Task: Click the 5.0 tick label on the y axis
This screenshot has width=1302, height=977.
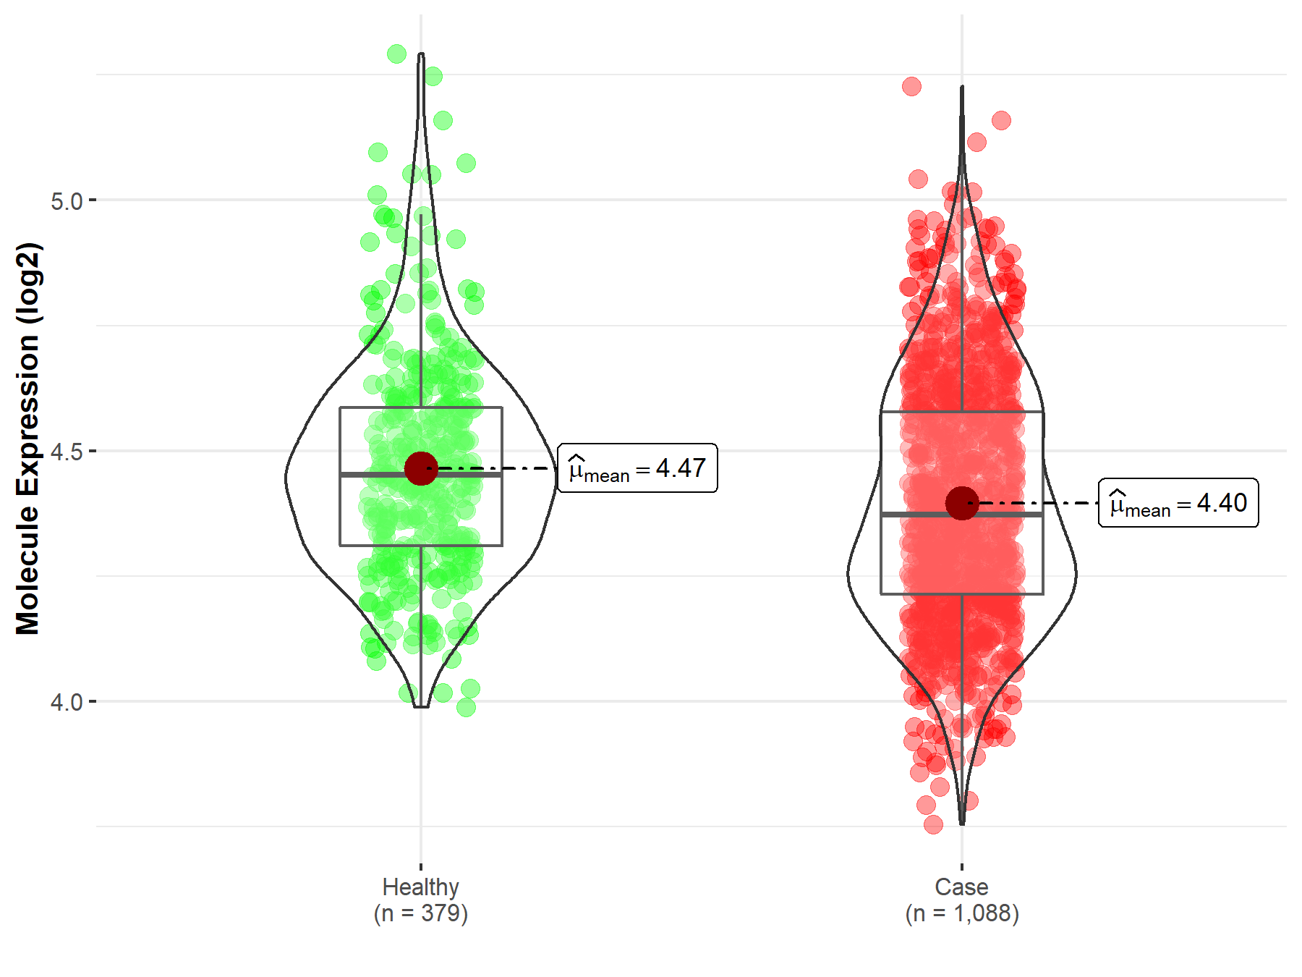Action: click(67, 201)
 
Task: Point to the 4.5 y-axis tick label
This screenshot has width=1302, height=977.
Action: click(67, 452)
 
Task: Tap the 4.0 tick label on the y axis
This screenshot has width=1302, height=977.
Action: click(67, 702)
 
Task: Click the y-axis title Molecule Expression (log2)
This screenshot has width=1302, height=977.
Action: click(27, 439)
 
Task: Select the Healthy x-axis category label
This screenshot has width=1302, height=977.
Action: click(420, 887)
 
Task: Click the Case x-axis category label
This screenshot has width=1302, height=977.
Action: click(961, 887)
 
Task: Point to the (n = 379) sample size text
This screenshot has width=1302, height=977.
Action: click(420, 913)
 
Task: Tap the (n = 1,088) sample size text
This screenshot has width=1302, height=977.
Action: click(961, 913)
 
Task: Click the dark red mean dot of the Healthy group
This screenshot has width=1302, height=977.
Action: click(421, 468)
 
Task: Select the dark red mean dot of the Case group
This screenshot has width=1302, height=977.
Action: click(962, 503)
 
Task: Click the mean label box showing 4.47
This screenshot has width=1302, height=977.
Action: click(637, 468)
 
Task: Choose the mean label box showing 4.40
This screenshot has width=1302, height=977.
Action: click(1178, 503)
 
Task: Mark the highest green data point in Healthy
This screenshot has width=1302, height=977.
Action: click(396, 54)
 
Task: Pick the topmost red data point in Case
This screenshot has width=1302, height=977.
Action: click(911, 87)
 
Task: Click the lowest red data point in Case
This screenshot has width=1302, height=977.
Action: click(933, 824)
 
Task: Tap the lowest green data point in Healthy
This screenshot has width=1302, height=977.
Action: click(467, 707)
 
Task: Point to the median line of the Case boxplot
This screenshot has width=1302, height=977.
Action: click(919, 514)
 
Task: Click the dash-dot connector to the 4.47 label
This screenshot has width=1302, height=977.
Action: click(499, 468)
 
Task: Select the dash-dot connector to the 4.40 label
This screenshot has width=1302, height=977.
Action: click(1042, 503)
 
